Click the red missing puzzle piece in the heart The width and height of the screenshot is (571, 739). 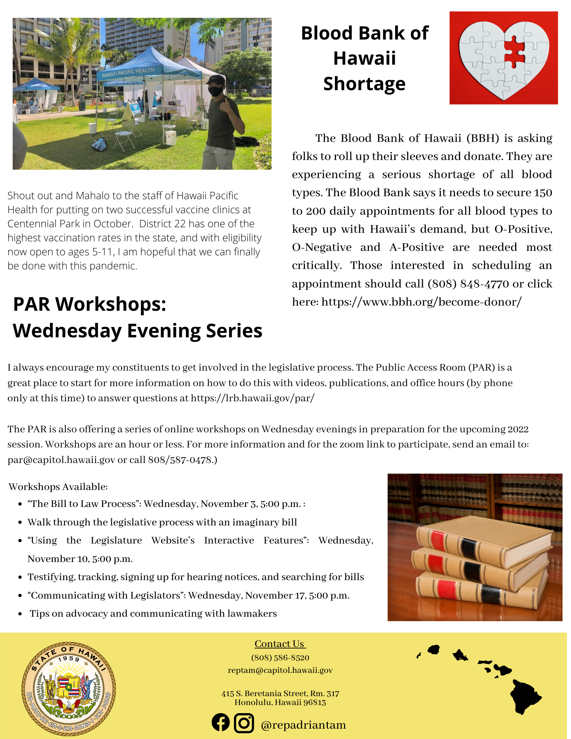514,52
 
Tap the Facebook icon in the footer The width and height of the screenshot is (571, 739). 221,722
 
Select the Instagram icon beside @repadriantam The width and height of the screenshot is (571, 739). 244,723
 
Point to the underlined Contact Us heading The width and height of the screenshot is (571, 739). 280,644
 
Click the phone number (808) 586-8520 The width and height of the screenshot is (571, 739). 280,658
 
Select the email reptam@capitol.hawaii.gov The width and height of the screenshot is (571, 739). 280,670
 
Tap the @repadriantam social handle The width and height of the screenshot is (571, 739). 303,725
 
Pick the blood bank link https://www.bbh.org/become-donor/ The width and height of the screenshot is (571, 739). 421,302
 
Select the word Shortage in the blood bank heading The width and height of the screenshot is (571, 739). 364,84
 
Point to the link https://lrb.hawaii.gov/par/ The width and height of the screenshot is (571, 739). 252,398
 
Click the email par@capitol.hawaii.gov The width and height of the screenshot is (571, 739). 61,460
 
